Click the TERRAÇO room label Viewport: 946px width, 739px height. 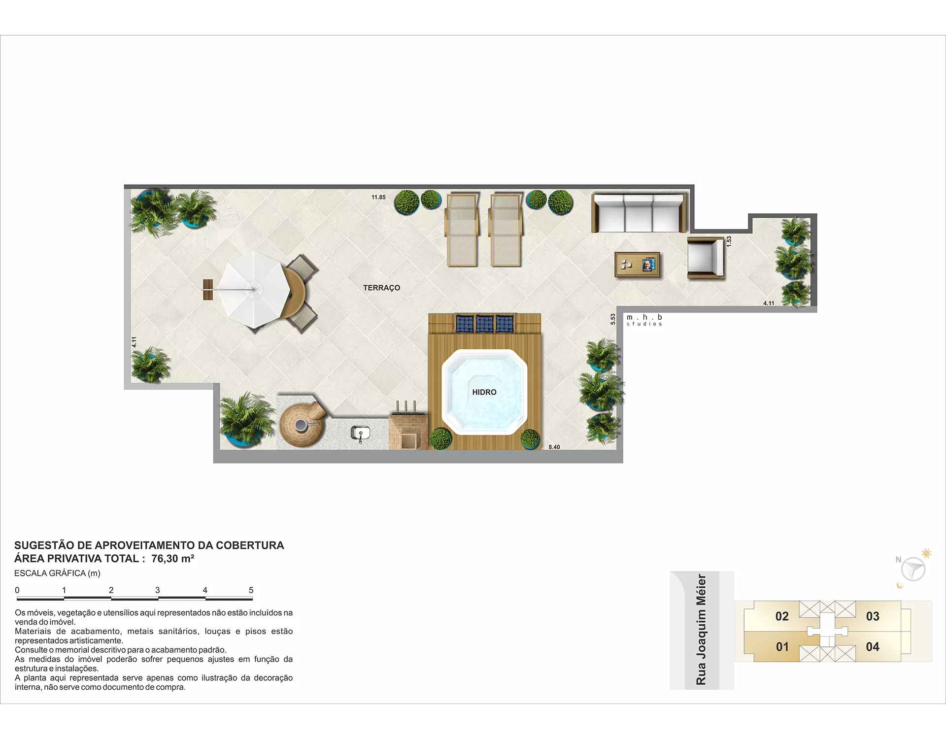pyautogui.click(x=381, y=288)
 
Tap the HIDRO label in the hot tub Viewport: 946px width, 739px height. pyautogui.click(x=484, y=392)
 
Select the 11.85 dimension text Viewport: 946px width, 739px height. pyautogui.click(x=378, y=197)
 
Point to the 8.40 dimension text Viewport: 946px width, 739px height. pyautogui.click(x=554, y=447)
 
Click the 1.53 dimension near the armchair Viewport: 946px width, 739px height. pyautogui.click(x=729, y=241)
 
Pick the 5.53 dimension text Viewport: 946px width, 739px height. pyautogui.click(x=613, y=319)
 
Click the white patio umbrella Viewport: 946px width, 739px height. pyautogui.click(x=254, y=289)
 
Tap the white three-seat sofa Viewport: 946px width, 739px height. pyautogui.click(x=639, y=213)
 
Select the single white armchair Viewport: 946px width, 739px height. pyautogui.click(x=706, y=258)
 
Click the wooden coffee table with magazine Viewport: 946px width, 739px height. pyautogui.click(x=637, y=265)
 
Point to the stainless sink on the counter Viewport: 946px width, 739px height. pyautogui.click(x=360, y=434)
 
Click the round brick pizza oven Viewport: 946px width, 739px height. pyautogui.click(x=301, y=424)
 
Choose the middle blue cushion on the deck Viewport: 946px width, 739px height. pyautogui.click(x=484, y=324)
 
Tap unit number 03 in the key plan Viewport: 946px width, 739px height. pyautogui.click(x=873, y=616)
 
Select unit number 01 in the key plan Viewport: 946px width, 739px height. pyautogui.click(x=782, y=647)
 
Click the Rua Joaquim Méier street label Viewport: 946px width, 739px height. pyautogui.click(x=701, y=630)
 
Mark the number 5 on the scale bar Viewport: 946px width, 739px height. pyautogui.click(x=251, y=590)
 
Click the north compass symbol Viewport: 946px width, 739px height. pyautogui.click(x=913, y=570)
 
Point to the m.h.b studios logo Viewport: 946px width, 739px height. pyautogui.click(x=644, y=320)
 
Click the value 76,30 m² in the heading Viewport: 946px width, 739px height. pyautogui.click(x=173, y=559)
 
